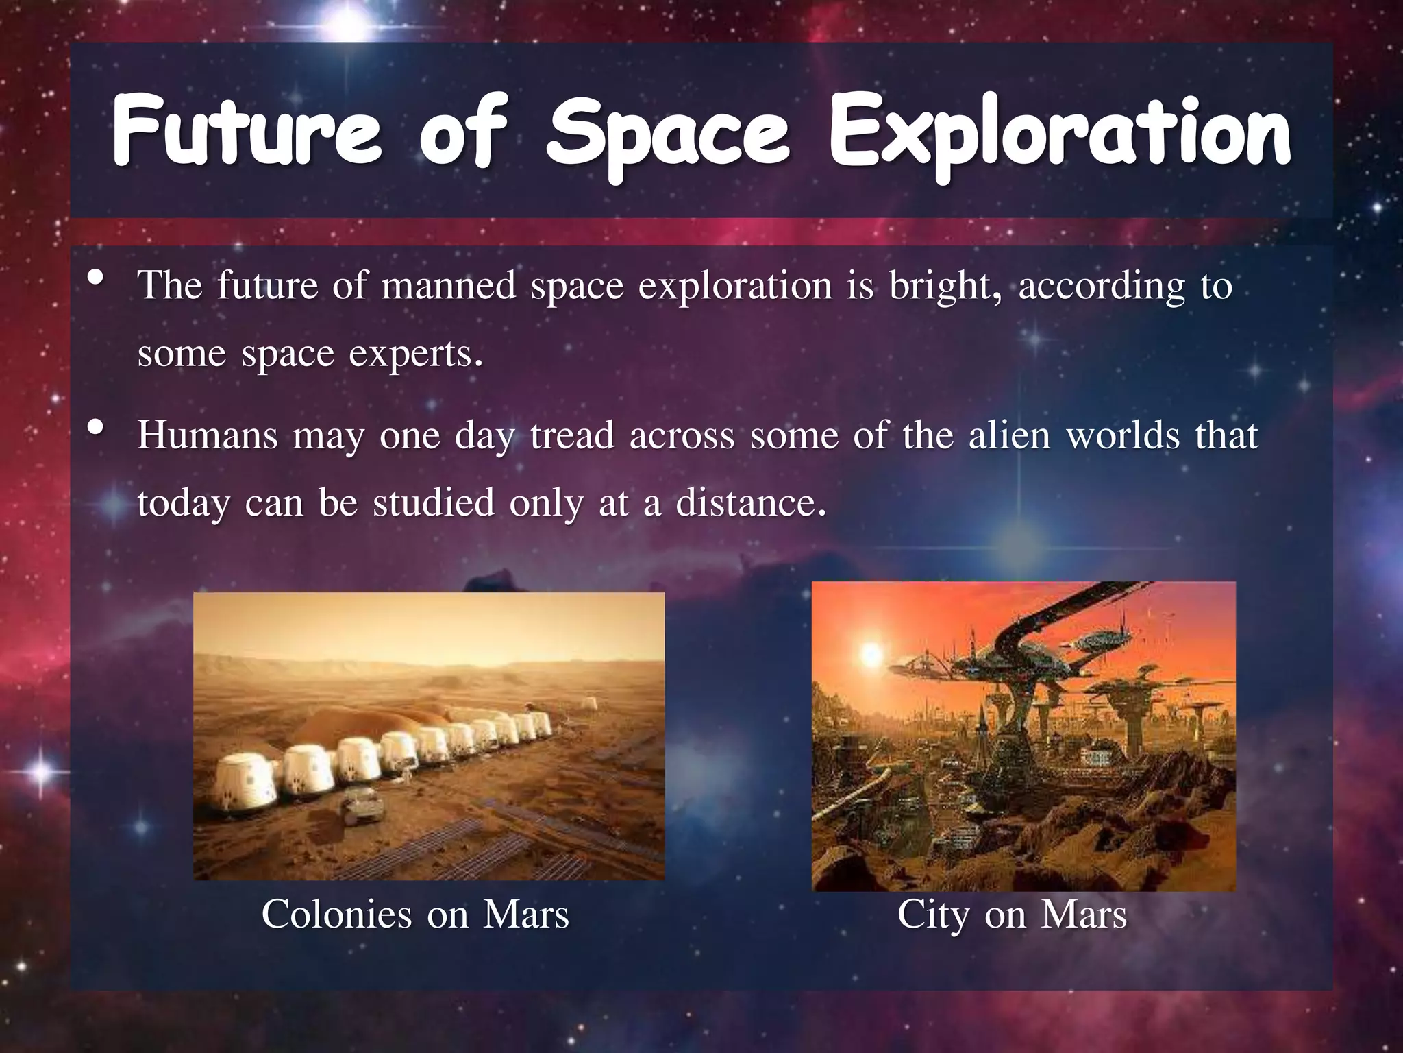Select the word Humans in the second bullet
(207, 435)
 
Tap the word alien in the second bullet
(1008, 435)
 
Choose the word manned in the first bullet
(448, 286)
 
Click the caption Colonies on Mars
(415, 915)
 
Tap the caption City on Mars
(1012, 915)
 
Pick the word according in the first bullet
(1101, 287)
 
